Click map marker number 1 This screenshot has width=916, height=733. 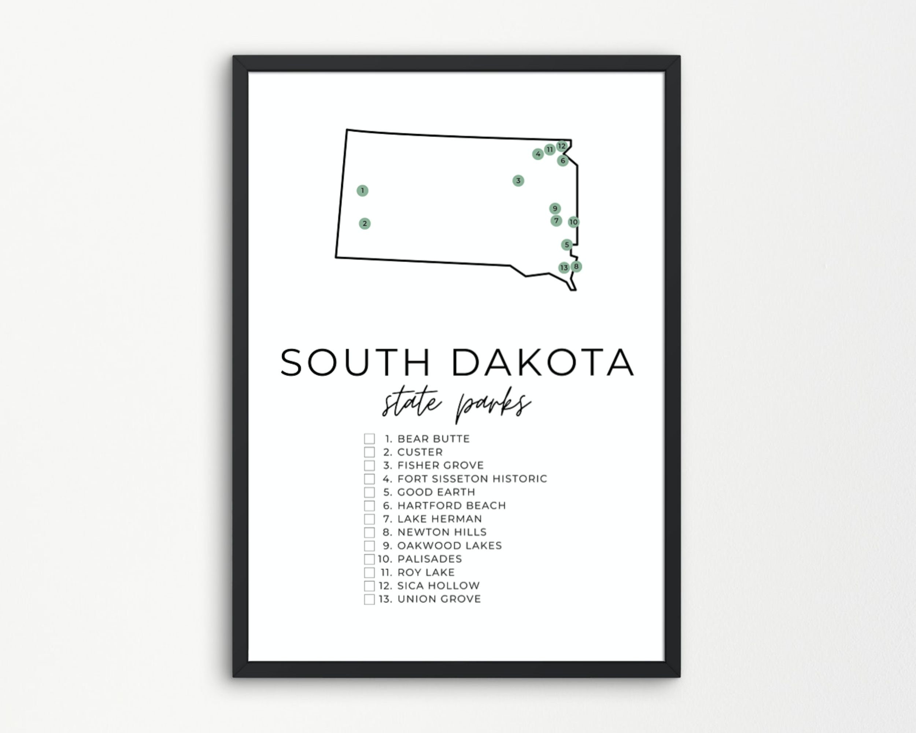tap(362, 190)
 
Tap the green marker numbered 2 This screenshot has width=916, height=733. tap(365, 224)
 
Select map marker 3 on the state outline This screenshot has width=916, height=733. tap(518, 181)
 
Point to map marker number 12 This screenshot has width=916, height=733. tap(562, 146)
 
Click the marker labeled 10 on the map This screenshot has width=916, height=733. tap(573, 222)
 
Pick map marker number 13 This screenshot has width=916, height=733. tap(564, 268)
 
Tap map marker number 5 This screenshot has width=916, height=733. tap(566, 245)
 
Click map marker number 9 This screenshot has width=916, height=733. tap(555, 209)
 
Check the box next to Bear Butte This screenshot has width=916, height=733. tap(369, 439)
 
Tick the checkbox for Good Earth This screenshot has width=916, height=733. tap(369, 492)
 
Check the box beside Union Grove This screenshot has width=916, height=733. tap(369, 599)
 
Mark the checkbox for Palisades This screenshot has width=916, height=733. tap(369, 559)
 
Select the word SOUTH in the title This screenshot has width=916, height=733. tap(355, 362)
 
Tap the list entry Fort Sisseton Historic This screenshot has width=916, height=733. tap(472, 479)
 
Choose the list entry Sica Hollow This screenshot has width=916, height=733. tap(438, 586)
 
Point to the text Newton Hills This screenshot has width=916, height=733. tap(442, 532)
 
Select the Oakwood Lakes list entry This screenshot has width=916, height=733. tap(450, 546)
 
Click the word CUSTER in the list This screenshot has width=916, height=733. tap(420, 452)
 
